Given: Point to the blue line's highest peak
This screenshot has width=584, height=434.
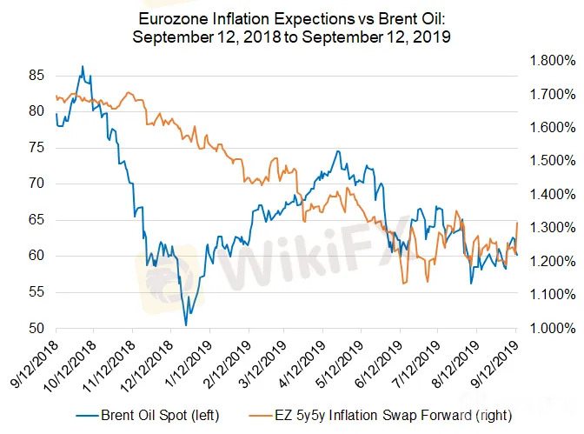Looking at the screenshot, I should point(83,66).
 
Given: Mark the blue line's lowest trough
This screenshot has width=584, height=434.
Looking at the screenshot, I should point(186,325).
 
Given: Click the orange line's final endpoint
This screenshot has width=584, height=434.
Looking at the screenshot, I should point(517,223).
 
